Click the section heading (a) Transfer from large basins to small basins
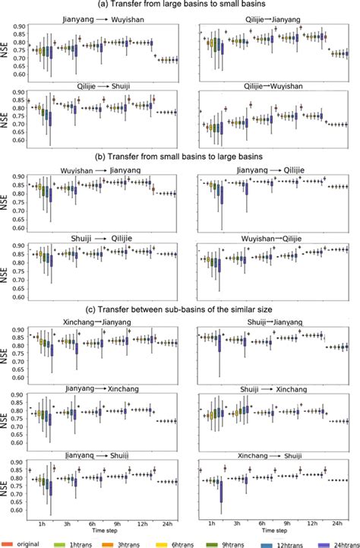180,5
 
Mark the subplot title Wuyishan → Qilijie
272,236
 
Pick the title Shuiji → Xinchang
272,388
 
